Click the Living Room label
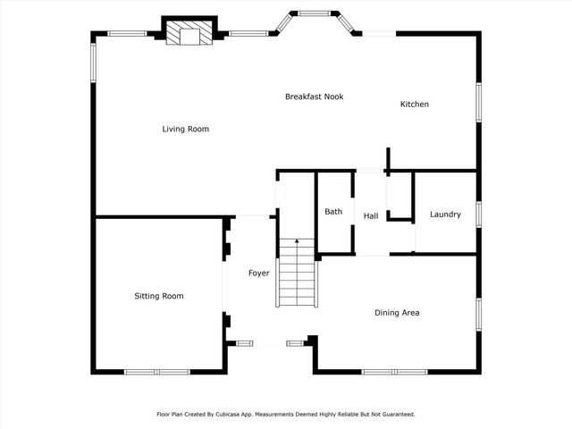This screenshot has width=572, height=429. [185, 130]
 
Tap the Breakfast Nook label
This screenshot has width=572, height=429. [314, 97]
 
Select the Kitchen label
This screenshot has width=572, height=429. [414, 105]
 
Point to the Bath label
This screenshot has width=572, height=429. [333, 212]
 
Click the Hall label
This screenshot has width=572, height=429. [371, 216]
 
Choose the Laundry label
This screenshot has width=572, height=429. [445, 214]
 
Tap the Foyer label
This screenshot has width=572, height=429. [259, 273]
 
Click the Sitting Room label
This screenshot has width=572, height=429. [159, 296]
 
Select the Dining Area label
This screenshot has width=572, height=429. [397, 313]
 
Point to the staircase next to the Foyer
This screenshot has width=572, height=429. [297, 273]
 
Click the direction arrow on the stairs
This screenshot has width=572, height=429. [297, 243]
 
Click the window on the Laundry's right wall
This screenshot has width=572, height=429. [479, 214]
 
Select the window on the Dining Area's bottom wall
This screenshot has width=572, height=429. [394, 372]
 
